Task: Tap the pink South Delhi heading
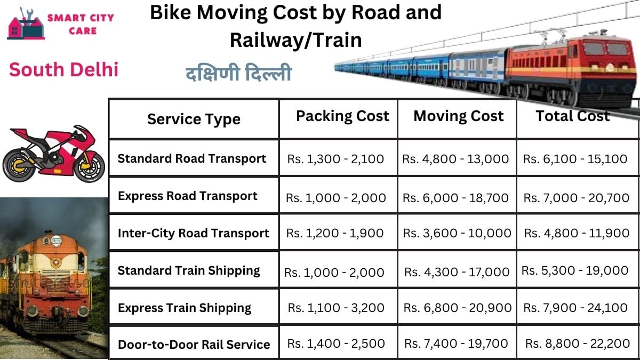coord(63,69)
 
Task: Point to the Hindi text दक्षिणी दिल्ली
coord(238,74)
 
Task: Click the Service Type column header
coord(194,119)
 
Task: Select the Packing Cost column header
coord(342,116)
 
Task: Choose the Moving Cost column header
coord(458,116)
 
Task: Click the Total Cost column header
coord(572,116)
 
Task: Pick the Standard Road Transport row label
coord(192,158)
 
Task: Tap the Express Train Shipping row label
coord(185,308)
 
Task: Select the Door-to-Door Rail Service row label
coord(194,345)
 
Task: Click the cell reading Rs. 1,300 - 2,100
coord(335,159)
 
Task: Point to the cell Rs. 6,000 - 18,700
coord(455,198)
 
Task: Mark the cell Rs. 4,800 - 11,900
coord(577,233)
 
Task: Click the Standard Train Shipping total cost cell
coord(575,271)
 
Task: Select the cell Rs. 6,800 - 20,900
coord(457,308)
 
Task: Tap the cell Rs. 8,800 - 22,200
coord(578,344)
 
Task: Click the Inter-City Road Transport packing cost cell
coord(335,233)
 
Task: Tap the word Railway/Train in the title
coord(295,40)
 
